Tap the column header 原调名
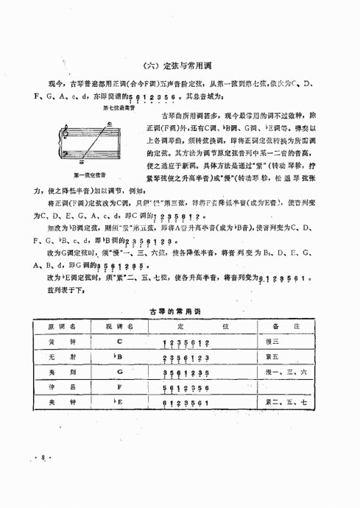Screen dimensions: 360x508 tap(65, 325)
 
